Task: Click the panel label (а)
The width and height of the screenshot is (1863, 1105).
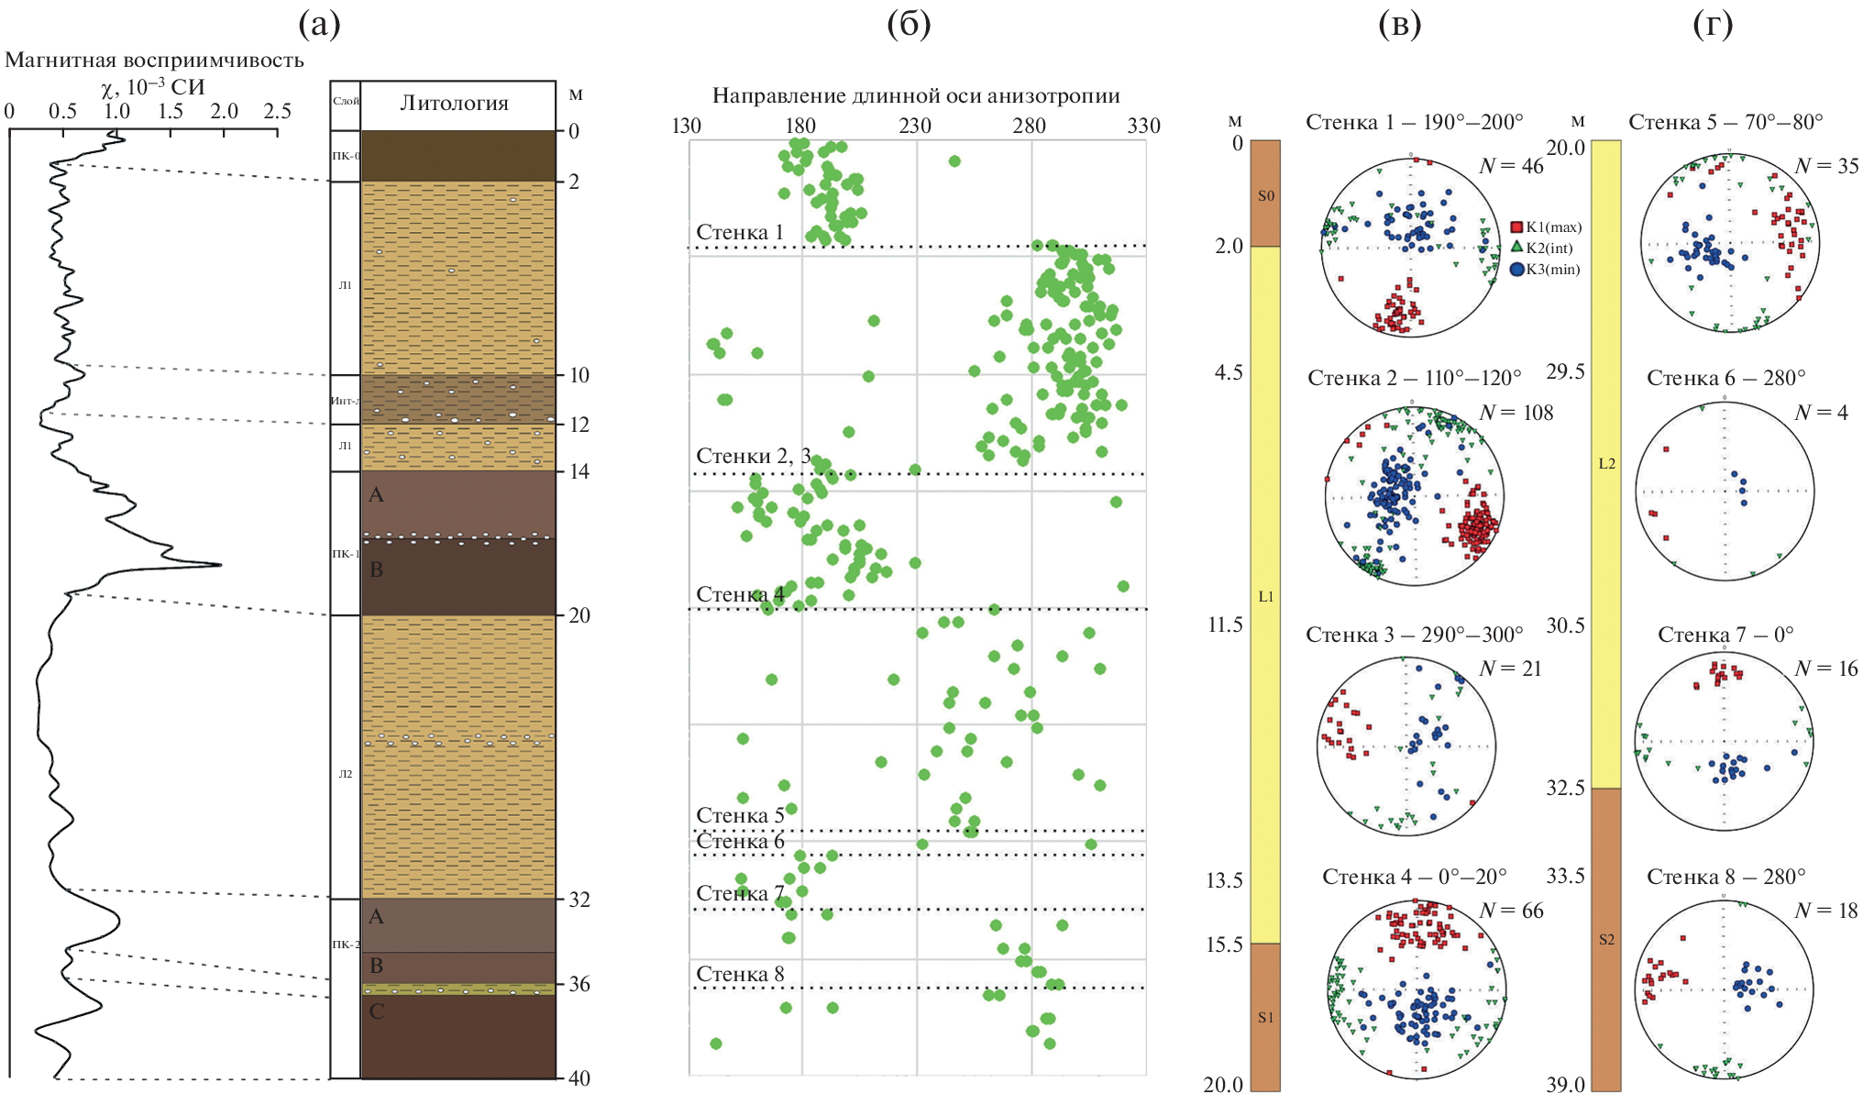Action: point(319,25)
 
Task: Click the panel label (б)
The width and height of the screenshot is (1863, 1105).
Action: point(909,25)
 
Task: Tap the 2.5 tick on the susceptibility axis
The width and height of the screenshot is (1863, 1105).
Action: point(277,112)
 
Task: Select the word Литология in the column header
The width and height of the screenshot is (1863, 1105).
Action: point(454,104)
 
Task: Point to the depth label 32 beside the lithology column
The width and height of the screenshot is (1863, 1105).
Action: point(579,900)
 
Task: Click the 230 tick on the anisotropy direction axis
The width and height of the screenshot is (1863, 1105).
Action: point(915,126)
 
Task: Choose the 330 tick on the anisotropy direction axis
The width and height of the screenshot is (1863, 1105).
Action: point(1143,126)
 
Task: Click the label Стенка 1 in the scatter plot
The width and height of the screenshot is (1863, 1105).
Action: point(740,233)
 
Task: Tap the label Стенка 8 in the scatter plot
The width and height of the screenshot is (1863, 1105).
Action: point(740,975)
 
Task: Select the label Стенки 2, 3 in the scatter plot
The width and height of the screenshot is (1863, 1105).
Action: point(753,457)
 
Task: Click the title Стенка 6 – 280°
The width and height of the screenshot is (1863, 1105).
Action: point(1725,379)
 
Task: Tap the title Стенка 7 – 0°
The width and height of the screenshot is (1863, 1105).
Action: point(1725,635)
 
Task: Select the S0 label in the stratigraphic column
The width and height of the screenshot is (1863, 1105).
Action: point(1265,196)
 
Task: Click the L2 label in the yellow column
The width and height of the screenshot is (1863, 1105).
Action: point(1606,464)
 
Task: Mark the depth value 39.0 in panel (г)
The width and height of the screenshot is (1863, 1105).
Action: point(1565,1086)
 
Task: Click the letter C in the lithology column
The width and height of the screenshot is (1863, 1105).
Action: point(376,1011)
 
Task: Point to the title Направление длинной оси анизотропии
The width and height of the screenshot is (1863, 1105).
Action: point(916,96)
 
